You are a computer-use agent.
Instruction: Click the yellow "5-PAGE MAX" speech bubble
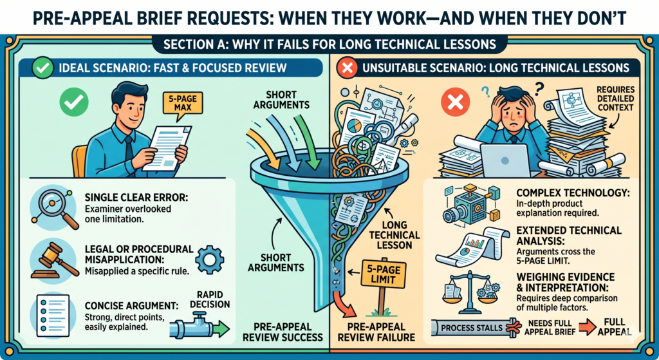pyautogui.click(x=182, y=102)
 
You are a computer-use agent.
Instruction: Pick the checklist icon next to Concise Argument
pyautogui.click(x=53, y=316)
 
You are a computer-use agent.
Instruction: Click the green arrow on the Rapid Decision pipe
pyautogui.click(x=220, y=328)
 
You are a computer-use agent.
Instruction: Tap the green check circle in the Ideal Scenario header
pyautogui.click(x=42, y=68)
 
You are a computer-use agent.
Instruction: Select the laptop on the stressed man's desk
pyautogui.click(x=505, y=160)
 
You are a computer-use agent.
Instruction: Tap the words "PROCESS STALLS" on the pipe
pyautogui.click(x=472, y=328)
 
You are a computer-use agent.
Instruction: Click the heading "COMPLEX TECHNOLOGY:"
pyautogui.click(x=573, y=193)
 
